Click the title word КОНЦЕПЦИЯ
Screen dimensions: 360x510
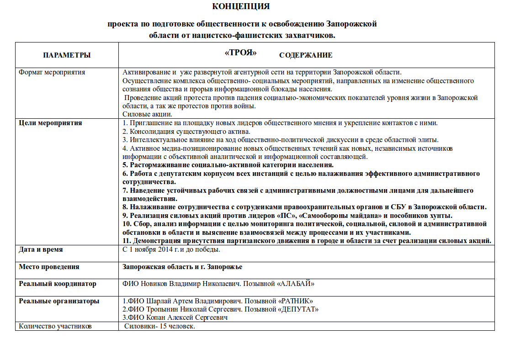(241, 7)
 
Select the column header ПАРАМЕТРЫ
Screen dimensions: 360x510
(67, 55)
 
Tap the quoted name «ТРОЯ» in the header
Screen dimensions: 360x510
(241, 53)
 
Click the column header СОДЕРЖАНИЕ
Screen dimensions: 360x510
(306, 55)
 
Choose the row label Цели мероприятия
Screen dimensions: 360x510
(50, 122)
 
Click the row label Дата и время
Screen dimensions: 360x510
(41, 250)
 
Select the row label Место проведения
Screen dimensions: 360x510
(49, 267)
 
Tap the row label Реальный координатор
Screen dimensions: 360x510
(58, 284)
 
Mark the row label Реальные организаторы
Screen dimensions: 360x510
(59, 301)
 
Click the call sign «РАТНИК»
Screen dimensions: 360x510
(293, 301)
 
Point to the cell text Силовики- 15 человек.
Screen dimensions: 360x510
(160, 326)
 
